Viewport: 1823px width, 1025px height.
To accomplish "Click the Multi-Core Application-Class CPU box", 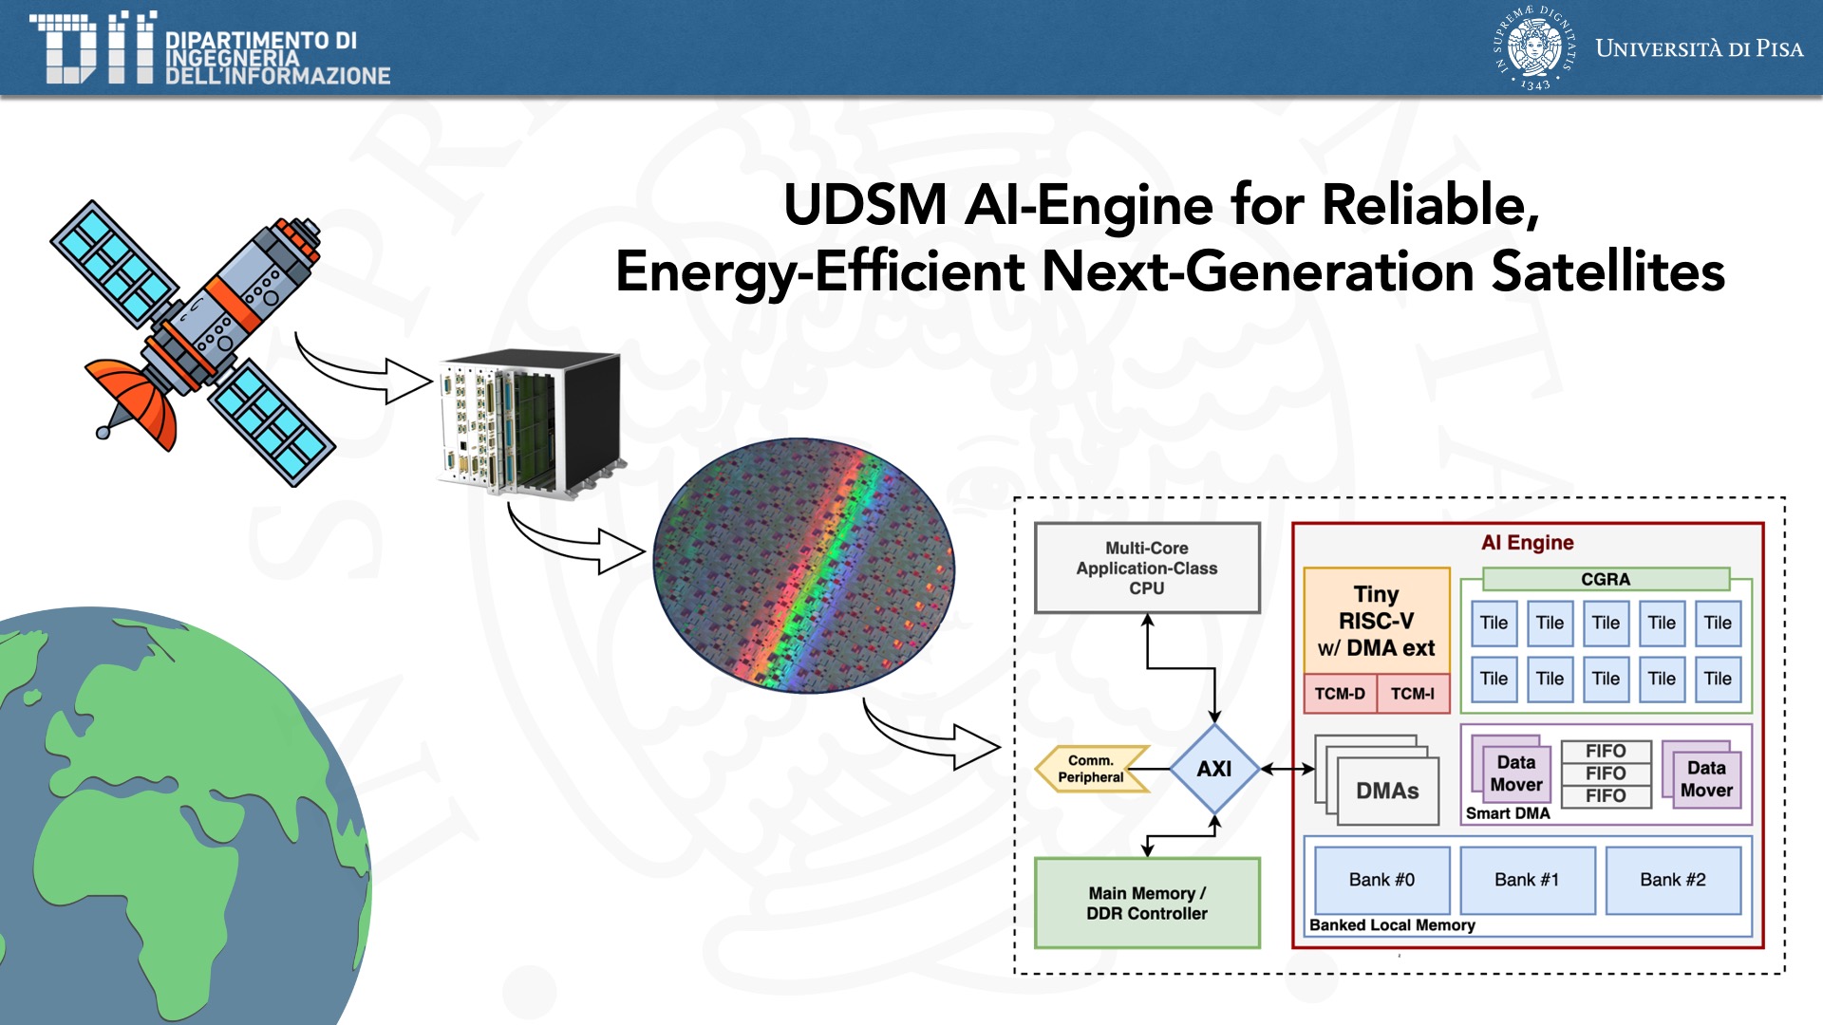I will [1147, 568].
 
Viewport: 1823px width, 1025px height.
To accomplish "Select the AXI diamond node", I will [1214, 769].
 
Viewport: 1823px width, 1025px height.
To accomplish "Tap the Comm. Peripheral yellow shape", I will [1091, 769].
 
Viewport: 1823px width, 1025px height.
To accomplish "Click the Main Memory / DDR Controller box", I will [1147, 903].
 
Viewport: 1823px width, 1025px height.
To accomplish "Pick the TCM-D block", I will [1340, 694].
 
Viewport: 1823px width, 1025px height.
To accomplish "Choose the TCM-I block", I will [1413, 694].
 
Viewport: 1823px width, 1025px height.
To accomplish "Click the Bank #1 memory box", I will [1527, 880].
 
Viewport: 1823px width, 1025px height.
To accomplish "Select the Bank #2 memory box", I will [1673, 880].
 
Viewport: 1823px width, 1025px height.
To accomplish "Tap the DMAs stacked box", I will [1386, 791].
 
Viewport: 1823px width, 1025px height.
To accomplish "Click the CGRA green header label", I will [1606, 579].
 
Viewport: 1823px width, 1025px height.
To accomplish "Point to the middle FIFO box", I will [1606, 773].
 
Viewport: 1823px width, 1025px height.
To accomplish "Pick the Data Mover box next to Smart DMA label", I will [1515, 773].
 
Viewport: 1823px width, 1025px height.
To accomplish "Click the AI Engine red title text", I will [1527, 543].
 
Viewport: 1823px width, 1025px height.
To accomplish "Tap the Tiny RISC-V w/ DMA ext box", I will [1376, 621].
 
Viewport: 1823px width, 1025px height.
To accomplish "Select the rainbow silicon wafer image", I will [804, 566].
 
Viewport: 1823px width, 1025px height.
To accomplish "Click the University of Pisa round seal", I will [1534, 47].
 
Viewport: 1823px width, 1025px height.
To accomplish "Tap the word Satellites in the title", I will [1607, 271].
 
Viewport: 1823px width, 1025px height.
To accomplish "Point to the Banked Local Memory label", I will [1392, 925].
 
